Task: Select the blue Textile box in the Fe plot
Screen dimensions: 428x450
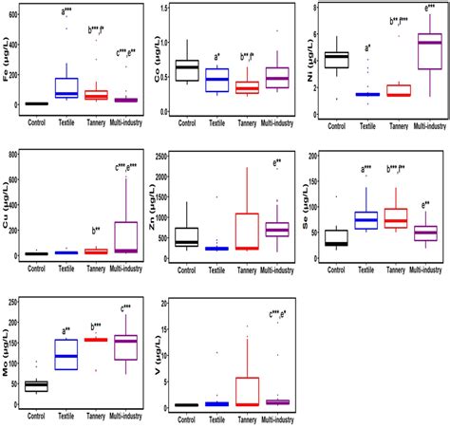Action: pyautogui.click(x=66, y=87)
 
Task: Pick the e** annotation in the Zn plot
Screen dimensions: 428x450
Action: pyautogui.click(x=277, y=164)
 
